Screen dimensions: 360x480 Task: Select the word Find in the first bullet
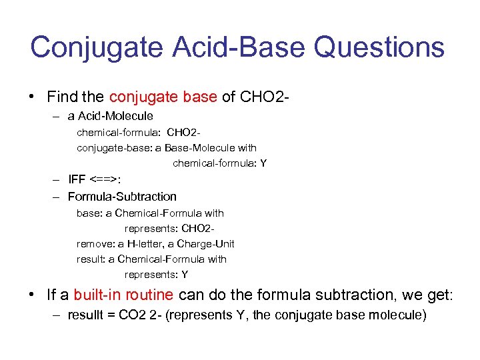tap(61, 97)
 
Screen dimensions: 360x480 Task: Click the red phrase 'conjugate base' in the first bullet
tap(163, 97)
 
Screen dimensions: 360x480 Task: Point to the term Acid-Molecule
tap(117, 116)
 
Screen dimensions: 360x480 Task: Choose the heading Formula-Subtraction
tap(122, 197)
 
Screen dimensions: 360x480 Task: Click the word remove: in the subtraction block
tap(96, 244)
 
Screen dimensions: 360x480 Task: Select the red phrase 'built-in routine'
tap(123, 295)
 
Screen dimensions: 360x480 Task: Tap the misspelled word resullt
tap(86, 315)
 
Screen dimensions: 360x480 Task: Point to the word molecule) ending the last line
tap(401, 315)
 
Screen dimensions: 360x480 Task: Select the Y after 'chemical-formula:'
tap(263, 163)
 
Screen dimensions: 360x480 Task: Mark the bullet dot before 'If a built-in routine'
tap(33, 295)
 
